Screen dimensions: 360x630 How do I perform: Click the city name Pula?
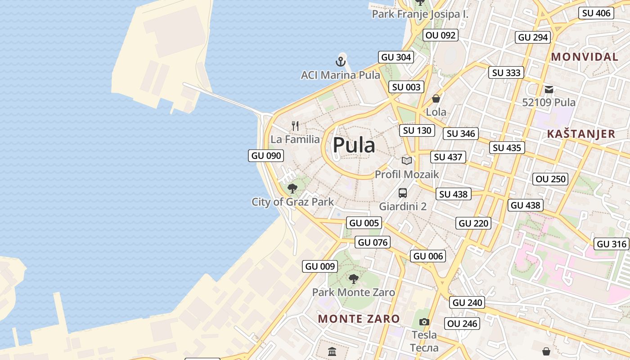[354, 145]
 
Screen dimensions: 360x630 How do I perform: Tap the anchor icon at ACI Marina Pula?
[341, 61]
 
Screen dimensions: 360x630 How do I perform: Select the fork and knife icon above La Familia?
[295, 126]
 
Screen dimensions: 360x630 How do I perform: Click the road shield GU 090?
[266, 156]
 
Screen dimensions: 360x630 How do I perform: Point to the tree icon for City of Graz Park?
[292, 188]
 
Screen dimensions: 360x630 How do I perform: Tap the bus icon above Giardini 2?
[403, 193]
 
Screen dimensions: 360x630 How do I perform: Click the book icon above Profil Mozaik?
[407, 161]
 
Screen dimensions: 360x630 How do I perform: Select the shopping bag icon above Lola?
[436, 99]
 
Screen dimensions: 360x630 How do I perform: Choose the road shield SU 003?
[406, 87]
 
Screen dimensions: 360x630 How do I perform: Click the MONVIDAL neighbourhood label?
[585, 57]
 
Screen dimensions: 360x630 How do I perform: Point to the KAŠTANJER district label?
[581, 134]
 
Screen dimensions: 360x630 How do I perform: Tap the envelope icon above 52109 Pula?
[549, 90]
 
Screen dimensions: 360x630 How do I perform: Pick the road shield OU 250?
[551, 179]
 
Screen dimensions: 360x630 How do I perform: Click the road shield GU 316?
[612, 244]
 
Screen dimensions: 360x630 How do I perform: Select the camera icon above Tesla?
[424, 322]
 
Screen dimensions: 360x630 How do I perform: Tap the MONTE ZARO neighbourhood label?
[359, 319]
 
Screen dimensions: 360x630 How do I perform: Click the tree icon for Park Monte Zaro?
[354, 279]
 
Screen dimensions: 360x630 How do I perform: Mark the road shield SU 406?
[597, 13]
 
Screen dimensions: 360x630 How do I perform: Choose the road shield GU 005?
[364, 223]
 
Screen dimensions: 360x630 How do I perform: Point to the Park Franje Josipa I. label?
[420, 14]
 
